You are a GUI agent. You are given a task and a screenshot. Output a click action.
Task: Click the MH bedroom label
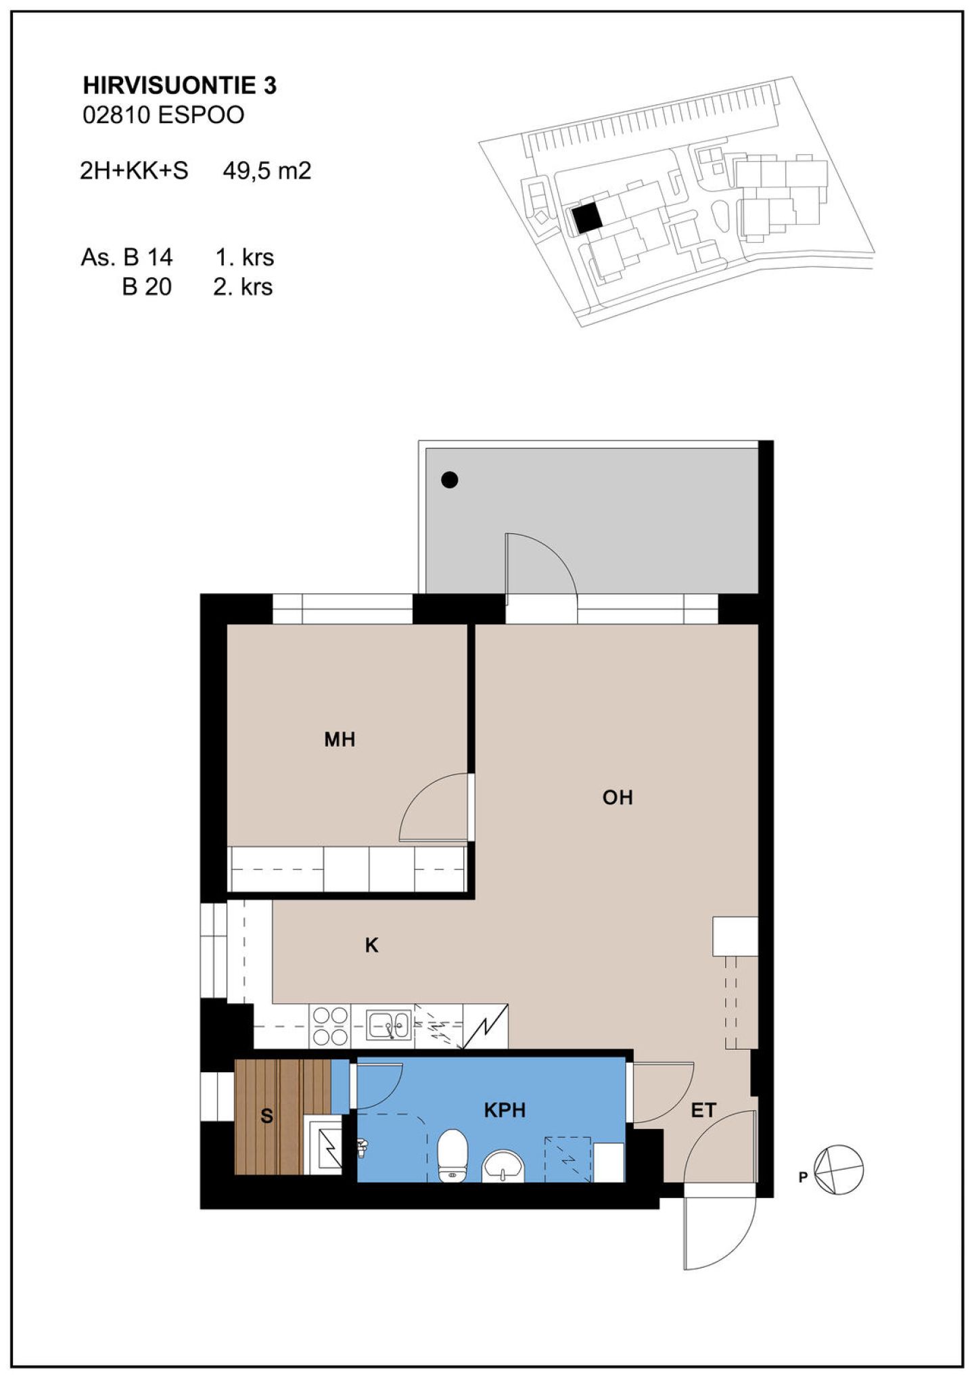pos(340,739)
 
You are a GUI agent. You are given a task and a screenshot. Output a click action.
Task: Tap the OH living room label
pos(618,798)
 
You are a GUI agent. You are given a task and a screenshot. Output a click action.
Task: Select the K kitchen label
pos(371,945)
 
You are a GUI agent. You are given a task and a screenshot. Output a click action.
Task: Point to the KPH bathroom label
pos(505,1110)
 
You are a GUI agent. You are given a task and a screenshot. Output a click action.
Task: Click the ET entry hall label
pos(703,1110)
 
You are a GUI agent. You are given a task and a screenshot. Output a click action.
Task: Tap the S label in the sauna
pos(266,1116)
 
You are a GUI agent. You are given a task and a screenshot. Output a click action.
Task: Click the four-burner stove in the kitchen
pos(329,1026)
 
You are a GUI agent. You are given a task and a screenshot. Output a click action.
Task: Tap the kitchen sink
pos(389,1025)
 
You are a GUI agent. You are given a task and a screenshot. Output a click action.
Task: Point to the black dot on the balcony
pos(450,480)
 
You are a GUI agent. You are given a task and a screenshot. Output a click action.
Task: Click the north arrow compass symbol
pos(839,1170)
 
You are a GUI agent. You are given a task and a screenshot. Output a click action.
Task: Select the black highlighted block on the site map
pos(586,218)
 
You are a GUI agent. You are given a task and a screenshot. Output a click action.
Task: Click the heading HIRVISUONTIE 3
pos(180,86)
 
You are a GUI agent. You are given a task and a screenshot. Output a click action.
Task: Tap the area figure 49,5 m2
pos(267,170)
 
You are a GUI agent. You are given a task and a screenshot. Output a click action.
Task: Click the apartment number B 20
pos(147,287)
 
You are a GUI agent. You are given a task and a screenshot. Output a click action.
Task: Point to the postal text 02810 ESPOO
pos(164,115)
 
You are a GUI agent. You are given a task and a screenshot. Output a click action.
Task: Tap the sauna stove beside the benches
pos(325,1147)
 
